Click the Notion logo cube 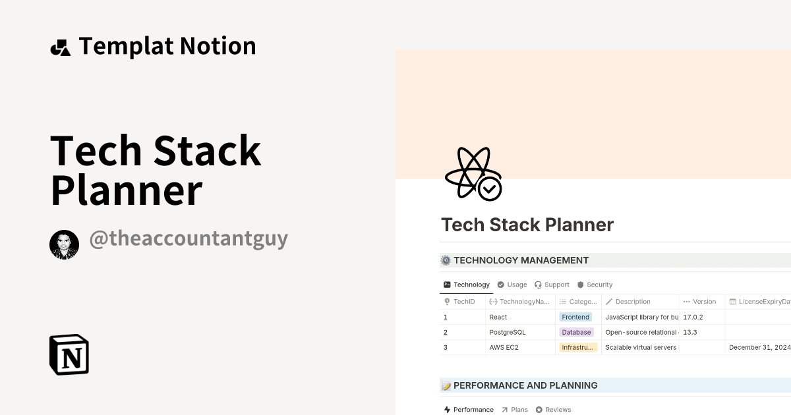pyautogui.click(x=69, y=354)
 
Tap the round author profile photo pyautogui.click(x=64, y=245)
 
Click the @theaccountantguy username pyautogui.click(x=189, y=238)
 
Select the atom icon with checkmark pyautogui.click(x=473, y=174)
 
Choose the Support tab pyautogui.click(x=552, y=285)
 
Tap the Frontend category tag pyautogui.click(x=575, y=317)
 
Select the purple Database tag pyautogui.click(x=576, y=332)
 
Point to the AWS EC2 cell pyautogui.click(x=504, y=347)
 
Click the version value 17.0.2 pyautogui.click(x=693, y=317)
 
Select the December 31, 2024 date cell pyautogui.click(x=759, y=347)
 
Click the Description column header pyautogui.click(x=633, y=302)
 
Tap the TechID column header pyautogui.click(x=464, y=302)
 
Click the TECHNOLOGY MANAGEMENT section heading pyautogui.click(x=521, y=260)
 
